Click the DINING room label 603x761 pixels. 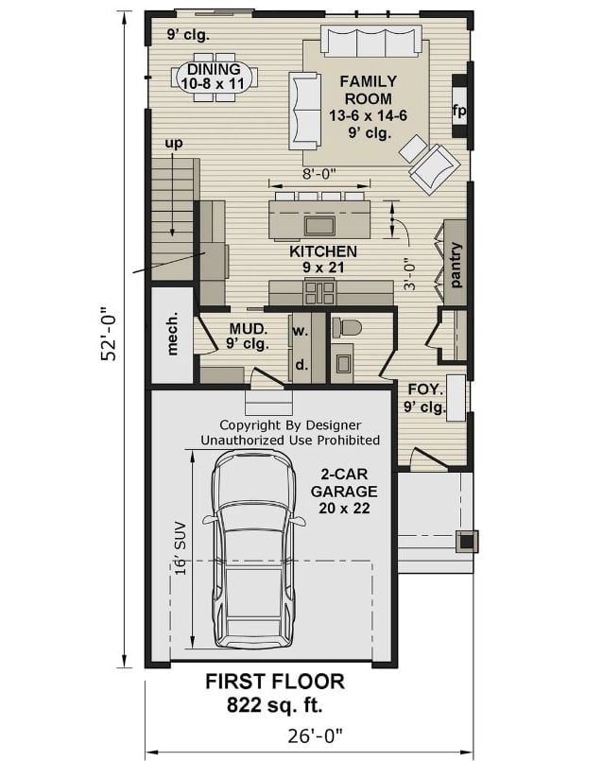(x=214, y=77)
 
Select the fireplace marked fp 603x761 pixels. (x=459, y=111)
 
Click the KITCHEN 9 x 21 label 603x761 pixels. (x=322, y=259)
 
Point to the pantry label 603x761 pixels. (x=456, y=265)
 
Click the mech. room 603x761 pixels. (x=173, y=335)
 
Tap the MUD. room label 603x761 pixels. (x=248, y=336)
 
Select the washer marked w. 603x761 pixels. (x=300, y=332)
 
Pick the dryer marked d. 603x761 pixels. (x=300, y=364)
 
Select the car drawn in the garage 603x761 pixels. (x=252, y=548)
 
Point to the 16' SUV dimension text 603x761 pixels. (x=179, y=548)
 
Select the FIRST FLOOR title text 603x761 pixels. (x=275, y=682)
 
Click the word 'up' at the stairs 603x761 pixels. (x=174, y=144)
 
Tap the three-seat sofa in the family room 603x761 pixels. (x=370, y=43)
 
